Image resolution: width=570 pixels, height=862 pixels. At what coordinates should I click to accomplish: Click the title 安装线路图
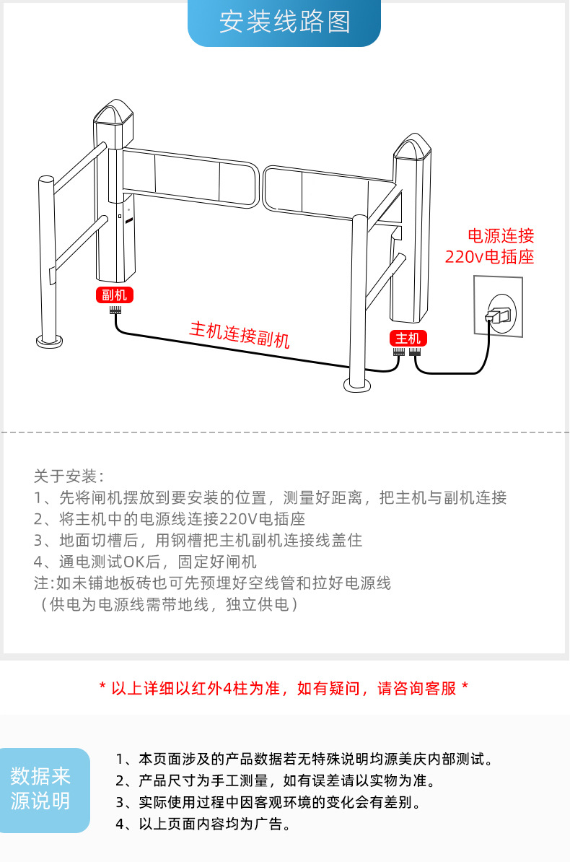(284, 22)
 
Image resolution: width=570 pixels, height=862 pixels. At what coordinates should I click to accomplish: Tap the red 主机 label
(408, 338)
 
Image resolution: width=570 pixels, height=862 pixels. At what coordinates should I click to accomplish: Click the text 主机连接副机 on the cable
(240, 334)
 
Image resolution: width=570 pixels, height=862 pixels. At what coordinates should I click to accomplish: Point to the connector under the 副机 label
(115, 309)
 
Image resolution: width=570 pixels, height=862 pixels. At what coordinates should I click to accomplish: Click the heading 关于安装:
(69, 476)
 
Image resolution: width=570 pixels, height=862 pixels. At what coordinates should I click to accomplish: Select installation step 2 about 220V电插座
(170, 518)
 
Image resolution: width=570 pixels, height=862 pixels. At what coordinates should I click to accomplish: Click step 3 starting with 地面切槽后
(198, 540)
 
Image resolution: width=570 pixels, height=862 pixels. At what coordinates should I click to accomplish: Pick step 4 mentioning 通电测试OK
(145, 561)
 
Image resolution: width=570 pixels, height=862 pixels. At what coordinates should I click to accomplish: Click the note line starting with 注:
(212, 583)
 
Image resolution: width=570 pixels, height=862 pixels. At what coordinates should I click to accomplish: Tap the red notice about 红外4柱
(284, 688)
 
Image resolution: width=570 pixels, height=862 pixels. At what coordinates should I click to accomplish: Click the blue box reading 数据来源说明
(41, 788)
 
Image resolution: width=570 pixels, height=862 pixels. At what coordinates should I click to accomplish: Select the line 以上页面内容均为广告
(203, 824)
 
